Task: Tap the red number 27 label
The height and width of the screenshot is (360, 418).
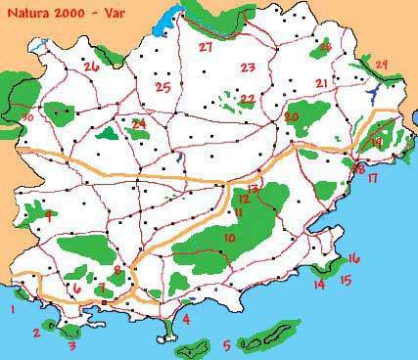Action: (206, 47)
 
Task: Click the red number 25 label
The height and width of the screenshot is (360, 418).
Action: (163, 88)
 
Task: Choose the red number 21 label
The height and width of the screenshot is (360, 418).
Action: (322, 83)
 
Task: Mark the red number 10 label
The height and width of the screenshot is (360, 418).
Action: (230, 238)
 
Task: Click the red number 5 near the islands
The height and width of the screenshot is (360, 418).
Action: (227, 344)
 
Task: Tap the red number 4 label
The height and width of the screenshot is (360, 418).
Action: (186, 319)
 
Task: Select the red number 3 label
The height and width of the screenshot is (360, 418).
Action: (70, 344)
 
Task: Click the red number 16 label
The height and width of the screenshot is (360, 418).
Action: (353, 258)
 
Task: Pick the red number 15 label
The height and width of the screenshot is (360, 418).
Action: (345, 281)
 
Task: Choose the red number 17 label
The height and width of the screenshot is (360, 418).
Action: (373, 179)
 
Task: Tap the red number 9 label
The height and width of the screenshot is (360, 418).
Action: (47, 217)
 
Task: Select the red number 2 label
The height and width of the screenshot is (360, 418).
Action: (36, 333)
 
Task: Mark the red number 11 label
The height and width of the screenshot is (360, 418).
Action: (238, 212)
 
